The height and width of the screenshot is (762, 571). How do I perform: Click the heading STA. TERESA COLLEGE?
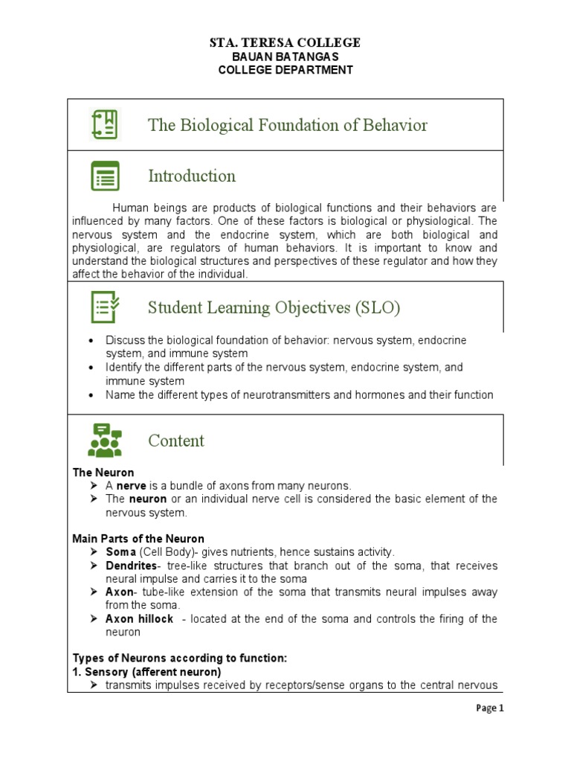click(x=285, y=42)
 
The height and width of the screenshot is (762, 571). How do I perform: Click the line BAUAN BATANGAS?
click(x=285, y=57)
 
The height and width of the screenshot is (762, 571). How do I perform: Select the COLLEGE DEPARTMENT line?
click(x=285, y=70)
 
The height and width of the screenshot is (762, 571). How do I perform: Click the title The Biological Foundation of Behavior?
click(x=288, y=125)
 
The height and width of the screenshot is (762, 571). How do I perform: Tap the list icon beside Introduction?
click(x=105, y=176)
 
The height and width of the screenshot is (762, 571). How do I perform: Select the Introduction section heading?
click(x=192, y=176)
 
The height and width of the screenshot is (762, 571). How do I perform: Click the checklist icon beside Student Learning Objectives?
click(x=105, y=307)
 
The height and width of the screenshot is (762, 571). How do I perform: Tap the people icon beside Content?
click(x=105, y=440)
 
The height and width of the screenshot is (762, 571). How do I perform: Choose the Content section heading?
click(x=176, y=441)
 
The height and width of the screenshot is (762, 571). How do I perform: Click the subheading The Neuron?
click(x=103, y=473)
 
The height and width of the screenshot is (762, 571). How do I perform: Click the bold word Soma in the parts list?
click(x=120, y=552)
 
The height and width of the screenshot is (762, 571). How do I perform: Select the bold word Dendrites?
click(x=130, y=566)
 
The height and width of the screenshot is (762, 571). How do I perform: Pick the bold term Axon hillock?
click(x=139, y=619)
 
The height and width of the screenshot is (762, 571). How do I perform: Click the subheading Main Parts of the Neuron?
click(x=138, y=539)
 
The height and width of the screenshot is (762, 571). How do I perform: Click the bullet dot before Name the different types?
click(x=91, y=395)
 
